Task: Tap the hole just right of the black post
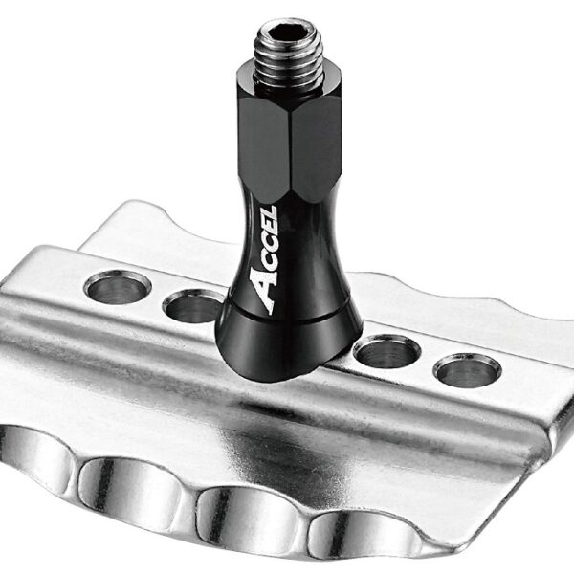[386, 351]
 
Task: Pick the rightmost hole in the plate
[466, 369]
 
